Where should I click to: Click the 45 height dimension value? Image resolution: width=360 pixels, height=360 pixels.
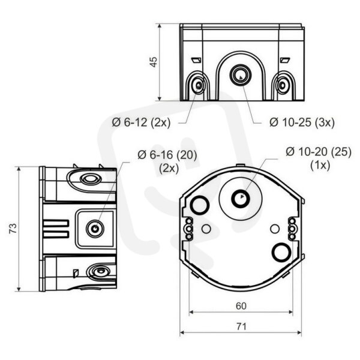point(154,62)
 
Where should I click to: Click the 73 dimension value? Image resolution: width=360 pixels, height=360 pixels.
point(13,229)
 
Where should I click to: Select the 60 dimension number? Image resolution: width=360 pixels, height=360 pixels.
point(241,306)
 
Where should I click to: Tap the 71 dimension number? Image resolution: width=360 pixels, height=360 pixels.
point(241,326)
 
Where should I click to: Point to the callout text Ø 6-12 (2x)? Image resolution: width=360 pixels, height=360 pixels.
point(141,122)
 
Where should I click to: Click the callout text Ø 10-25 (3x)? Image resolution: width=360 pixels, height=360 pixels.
point(302,122)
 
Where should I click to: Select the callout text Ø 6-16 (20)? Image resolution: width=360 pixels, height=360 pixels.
point(167,155)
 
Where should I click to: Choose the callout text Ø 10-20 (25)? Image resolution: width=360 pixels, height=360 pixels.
point(319,152)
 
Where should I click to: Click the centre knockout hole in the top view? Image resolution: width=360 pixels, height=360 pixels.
point(241,74)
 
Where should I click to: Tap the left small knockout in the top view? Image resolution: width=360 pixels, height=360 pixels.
point(198,85)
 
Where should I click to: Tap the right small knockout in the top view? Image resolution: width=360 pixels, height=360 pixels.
point(282,85)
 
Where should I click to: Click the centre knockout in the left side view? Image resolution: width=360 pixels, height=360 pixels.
point(95,229)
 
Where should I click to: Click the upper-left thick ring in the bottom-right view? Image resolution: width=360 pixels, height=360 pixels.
point(199,205)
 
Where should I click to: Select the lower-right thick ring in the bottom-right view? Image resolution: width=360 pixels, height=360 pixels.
point(281,252)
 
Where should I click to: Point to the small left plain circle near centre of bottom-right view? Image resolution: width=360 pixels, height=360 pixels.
point(206,229)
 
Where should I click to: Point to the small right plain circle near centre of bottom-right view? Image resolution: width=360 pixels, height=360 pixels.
point(275,229)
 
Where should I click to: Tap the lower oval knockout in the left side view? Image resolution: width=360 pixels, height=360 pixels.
point(100,271)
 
